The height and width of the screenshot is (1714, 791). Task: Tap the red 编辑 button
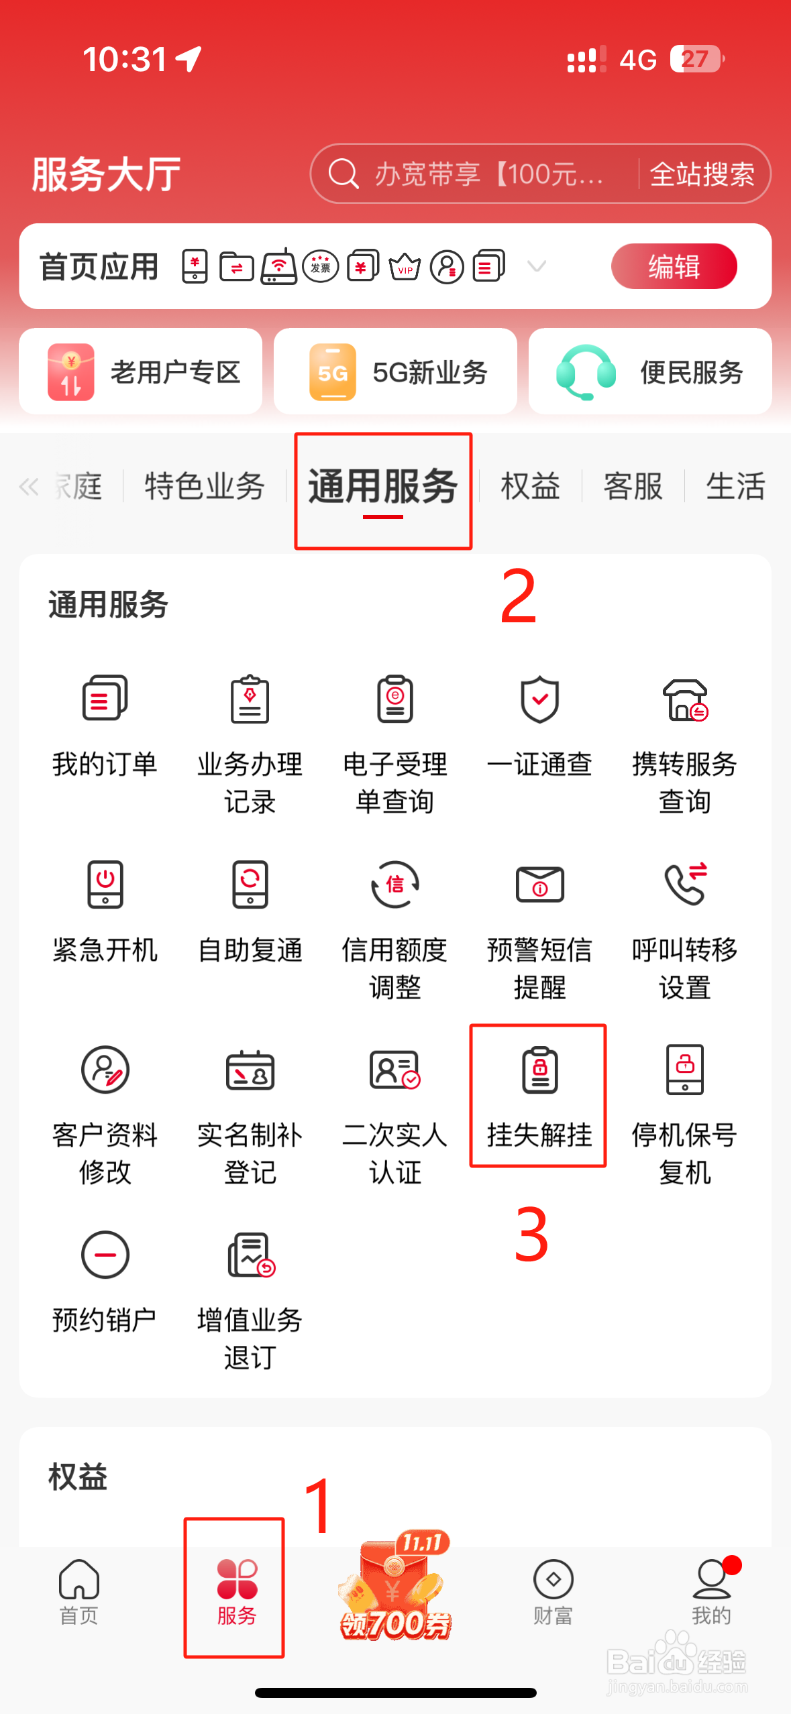point(674,266)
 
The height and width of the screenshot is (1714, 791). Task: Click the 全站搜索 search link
point(702,174)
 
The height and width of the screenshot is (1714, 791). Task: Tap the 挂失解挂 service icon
point(539,1070)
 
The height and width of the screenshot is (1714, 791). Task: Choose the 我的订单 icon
point(105,699)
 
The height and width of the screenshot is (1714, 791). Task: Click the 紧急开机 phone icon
point(105,884)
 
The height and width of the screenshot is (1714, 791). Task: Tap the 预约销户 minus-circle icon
point(105,1255)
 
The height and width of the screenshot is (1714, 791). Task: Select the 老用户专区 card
point(140,372)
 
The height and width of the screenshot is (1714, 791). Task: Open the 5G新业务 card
point(395,372)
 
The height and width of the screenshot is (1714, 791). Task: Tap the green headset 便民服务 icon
point(586,372)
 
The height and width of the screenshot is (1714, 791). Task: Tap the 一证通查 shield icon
point(539,699)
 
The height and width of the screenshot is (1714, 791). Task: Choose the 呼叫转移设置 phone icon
point(684,884)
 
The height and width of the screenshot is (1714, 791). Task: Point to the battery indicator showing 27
point(696,59)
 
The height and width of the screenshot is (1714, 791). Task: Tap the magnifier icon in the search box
point(344,174)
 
